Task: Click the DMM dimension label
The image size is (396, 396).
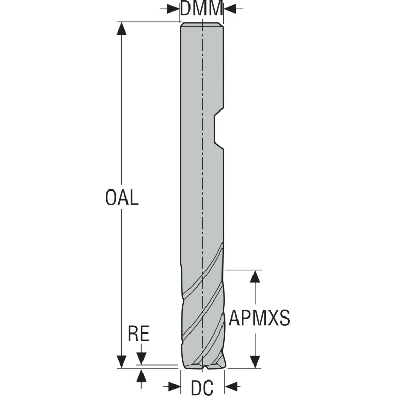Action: click(x=201, y=9)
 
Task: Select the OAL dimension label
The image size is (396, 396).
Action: click(x=122, y=198)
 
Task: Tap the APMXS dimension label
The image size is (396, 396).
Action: click(x=259, y=318)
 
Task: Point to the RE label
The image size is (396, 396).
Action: click(x=138, y=334)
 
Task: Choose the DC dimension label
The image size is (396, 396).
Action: click(x=202, y=388)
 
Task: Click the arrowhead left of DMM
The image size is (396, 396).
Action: click(x=173, y=9)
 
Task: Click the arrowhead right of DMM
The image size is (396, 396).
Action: click(x=229, y=9)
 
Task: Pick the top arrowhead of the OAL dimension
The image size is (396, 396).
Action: click(x=122, y=28)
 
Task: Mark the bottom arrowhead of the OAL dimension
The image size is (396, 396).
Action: click(x=122, y=362)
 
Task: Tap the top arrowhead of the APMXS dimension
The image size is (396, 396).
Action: click(x=256, y=276)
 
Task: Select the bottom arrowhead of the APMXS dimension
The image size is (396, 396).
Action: click(x=256, y=362)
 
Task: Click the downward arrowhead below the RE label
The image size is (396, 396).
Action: click(x=141, y=359)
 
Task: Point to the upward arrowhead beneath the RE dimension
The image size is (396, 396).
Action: click(x=141, y=375)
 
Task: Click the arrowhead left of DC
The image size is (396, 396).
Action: click(x=175, y=386)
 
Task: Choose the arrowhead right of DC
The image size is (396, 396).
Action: click(x=231, y=386)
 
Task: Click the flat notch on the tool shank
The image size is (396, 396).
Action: click(x=219, y=128)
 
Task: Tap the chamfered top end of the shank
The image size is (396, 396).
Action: click(x=202, y=24)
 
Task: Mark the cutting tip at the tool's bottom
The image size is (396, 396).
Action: click(x=204, y=365)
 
